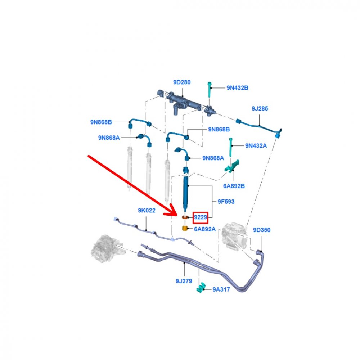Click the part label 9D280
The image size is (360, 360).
181,82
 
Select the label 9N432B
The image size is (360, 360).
237,88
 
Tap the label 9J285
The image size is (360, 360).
260,109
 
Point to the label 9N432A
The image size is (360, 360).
256,146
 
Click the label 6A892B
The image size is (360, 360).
234,186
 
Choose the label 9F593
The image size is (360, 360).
226,202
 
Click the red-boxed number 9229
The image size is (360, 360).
201,217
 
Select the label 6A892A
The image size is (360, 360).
205,229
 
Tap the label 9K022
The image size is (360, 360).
147,210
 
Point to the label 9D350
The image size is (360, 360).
261,230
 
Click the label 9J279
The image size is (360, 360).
184,281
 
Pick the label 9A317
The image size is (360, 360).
221,289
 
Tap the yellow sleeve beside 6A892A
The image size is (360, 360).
185,229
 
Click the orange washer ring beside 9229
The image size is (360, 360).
185,217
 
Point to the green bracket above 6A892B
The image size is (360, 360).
232,166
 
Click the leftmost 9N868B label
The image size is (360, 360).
101,122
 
